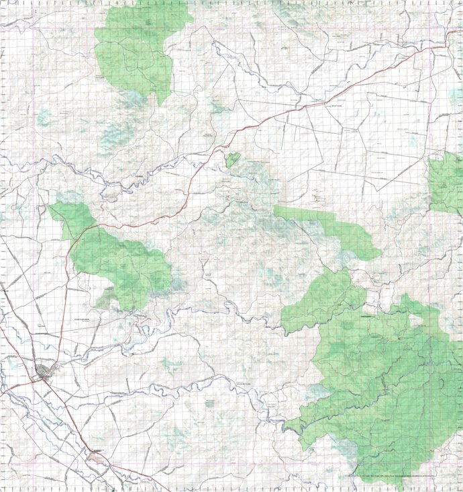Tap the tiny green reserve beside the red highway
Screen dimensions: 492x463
tap(232, 160)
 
